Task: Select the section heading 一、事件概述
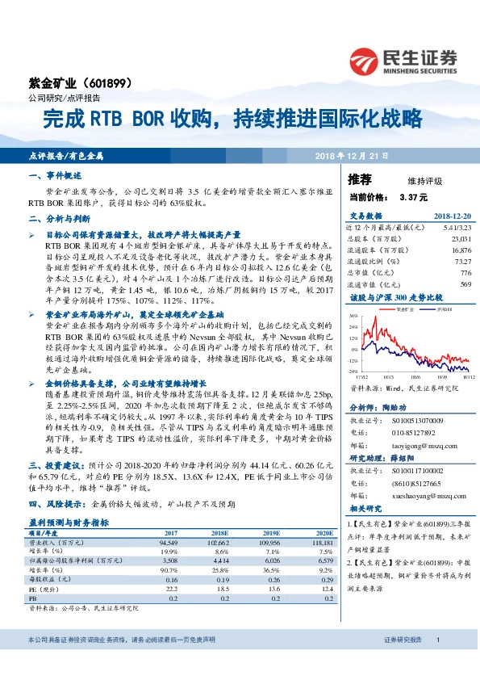[55, 175]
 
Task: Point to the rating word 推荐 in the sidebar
[361, 178]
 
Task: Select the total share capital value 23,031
[461, 239]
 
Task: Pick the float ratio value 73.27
[462, 262]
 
